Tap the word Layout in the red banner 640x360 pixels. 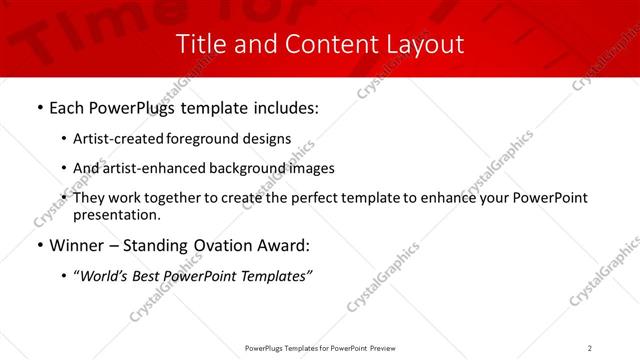[424, 44]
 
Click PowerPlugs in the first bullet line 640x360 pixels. [131, 106]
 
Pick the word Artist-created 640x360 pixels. [119, 139]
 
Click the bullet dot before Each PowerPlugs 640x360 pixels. [39, 106]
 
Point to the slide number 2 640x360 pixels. [590, 348]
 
